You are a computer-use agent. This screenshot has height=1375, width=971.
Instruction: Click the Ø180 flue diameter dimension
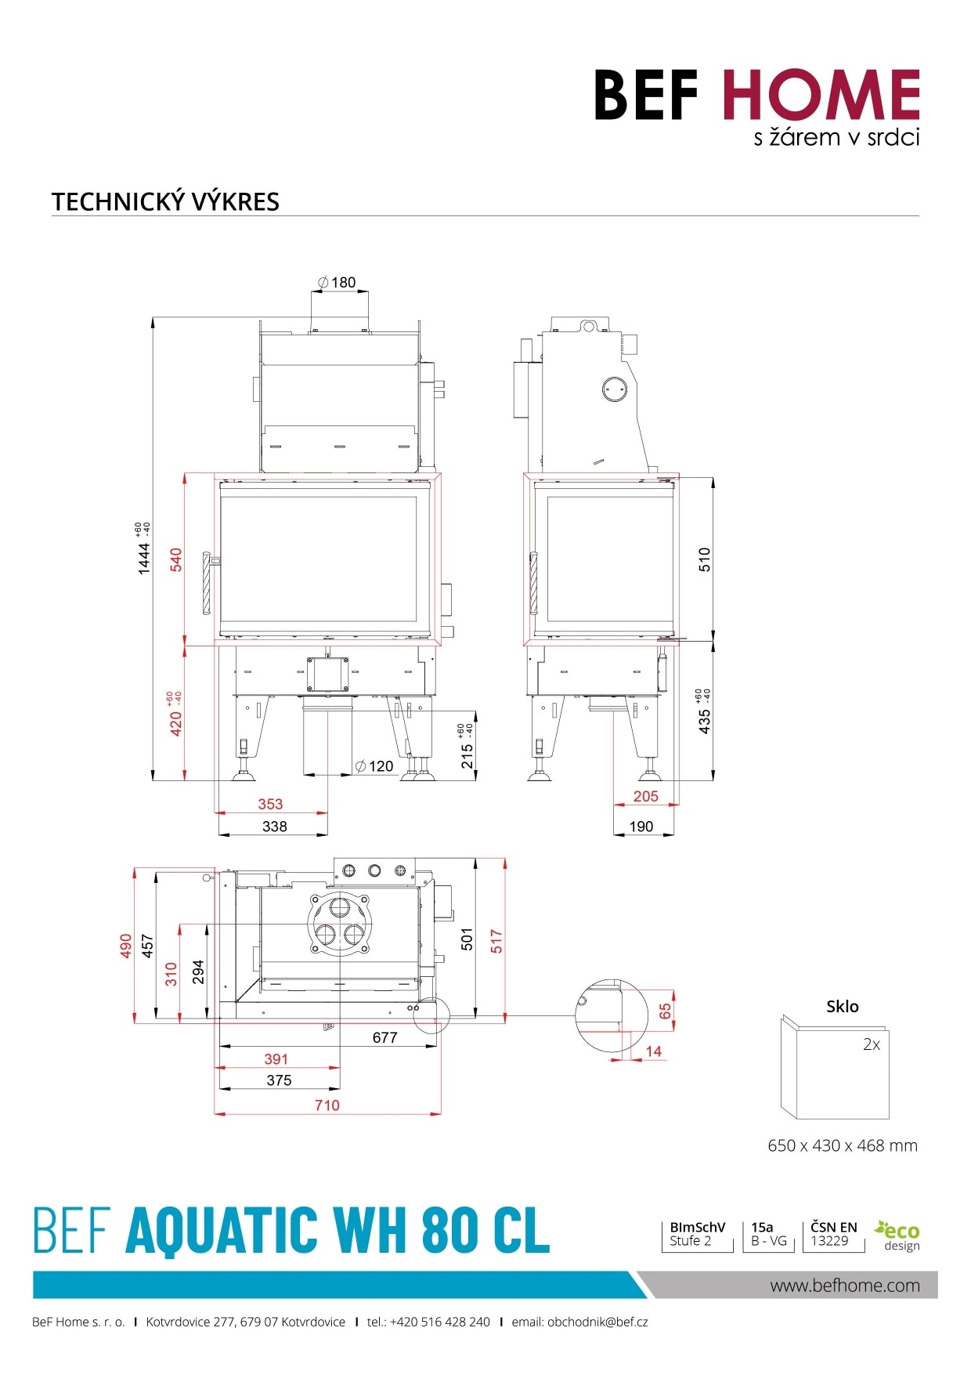(x=338, y=282)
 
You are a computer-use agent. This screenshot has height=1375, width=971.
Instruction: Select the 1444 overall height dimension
(x=143, y=558)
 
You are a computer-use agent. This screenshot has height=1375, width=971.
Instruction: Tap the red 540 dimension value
(x=176, y=559)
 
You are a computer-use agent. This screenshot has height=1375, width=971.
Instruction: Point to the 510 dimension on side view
(x=705, y=559)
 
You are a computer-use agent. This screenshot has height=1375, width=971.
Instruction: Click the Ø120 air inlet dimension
(x=375, y=766)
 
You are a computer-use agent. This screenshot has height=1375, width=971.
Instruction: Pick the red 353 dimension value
(x=270, y=804)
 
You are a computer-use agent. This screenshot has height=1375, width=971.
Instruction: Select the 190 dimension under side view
(x=641, y=827)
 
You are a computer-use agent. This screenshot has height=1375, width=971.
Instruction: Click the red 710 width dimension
(x=327, y=1105)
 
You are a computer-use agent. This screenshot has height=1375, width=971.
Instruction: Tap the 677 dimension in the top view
(x=384, y=1037)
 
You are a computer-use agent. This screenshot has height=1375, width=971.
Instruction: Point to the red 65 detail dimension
(x=665, y=1011)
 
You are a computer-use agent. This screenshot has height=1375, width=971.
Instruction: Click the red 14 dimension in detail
(x=654, y=1051)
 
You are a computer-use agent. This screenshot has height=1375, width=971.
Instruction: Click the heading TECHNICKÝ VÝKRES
(x=165, y=202)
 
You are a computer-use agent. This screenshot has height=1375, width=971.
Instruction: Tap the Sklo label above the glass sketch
(x=843, y=1007)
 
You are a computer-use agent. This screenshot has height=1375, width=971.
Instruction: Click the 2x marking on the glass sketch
(x=872, y=1044)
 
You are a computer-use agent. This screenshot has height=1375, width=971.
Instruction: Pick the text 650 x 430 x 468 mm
(x=843, y=1145)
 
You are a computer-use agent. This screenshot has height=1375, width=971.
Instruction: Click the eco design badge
(x=898, y=1236)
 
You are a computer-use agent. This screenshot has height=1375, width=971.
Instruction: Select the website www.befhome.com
(x=845, y=1286)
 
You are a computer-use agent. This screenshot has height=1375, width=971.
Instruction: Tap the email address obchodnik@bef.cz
(x=597, y=1322)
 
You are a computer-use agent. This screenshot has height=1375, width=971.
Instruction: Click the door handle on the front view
(x=207, y=584)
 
